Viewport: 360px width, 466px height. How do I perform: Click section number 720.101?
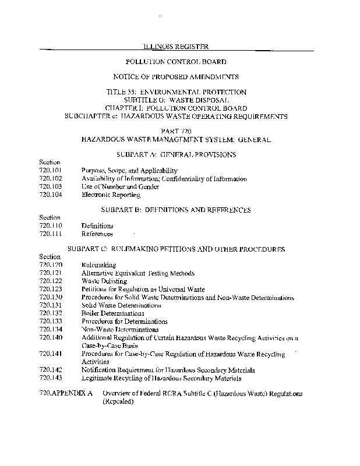50,171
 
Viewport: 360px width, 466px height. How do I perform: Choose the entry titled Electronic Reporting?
111,195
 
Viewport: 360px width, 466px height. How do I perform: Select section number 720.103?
50,187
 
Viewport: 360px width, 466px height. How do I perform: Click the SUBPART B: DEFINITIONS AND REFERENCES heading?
176,210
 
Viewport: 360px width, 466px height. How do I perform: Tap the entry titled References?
97,234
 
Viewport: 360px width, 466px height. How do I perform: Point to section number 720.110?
50,225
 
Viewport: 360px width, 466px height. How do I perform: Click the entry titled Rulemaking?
99,265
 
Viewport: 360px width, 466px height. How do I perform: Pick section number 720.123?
50,290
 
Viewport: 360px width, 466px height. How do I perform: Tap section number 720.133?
50,322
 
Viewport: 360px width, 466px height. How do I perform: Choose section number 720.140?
50,338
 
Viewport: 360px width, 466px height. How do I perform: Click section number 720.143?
50,378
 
